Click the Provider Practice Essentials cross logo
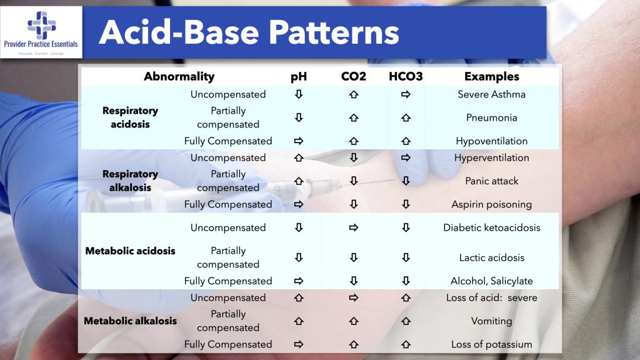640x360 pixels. click(x=41, y=26)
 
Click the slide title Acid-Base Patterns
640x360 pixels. click(x=249, y=32)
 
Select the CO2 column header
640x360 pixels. click(x=353, y=77)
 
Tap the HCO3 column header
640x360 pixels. click(x=406, y=77)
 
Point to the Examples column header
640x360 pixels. click(x=491, y=77)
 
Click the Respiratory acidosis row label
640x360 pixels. click(x=130, y=117)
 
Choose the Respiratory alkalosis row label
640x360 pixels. click(x=130, y=181)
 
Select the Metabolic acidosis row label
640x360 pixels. click(x=130, y=251)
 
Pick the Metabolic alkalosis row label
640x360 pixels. click(x=130, y=321)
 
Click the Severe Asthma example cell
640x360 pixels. click(x=491, y=94)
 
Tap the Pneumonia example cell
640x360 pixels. click(x=491, y=117)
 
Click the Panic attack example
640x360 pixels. click(x=491, y=181)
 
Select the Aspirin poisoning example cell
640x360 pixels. click(x=491, y=204)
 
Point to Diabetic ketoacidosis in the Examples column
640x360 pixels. click(x=491, y=227)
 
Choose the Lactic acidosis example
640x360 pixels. click(x=491, y=257)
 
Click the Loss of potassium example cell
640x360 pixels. click(x=491, y=344)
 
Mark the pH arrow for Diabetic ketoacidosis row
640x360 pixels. click(x=299, y=227)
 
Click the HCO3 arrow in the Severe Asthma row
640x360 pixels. click(x=406, y=94)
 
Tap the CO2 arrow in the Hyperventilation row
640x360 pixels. click(x=353, y=157)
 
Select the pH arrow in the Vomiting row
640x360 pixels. click(x=299, y=321)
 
